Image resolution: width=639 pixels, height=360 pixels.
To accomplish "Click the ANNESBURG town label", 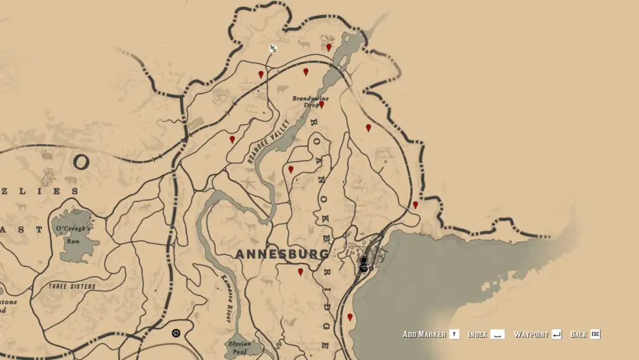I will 282,254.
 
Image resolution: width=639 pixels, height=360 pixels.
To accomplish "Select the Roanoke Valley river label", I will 266,142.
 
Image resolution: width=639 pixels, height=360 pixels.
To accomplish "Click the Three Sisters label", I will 72,286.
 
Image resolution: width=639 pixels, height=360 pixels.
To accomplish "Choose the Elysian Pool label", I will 240,346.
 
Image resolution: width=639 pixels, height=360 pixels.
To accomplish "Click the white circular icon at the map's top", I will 273,48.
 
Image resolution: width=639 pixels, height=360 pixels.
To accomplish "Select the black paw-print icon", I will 176,333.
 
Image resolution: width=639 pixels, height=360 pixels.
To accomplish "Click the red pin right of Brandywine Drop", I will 321,104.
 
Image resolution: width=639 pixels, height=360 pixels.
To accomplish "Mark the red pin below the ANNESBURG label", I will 301,272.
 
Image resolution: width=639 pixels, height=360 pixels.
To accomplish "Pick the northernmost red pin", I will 328,47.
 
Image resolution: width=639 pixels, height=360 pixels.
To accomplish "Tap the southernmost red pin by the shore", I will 350,317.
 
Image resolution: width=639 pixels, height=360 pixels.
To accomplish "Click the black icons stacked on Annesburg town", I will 364,264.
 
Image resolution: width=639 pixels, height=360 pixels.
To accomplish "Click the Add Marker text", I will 424,335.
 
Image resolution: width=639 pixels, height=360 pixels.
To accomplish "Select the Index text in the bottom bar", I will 477,335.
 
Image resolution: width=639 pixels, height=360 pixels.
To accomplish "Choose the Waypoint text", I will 531,335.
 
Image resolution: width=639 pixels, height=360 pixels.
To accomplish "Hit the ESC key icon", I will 595,335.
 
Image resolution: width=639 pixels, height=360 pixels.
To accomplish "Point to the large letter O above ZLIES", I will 82,162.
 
